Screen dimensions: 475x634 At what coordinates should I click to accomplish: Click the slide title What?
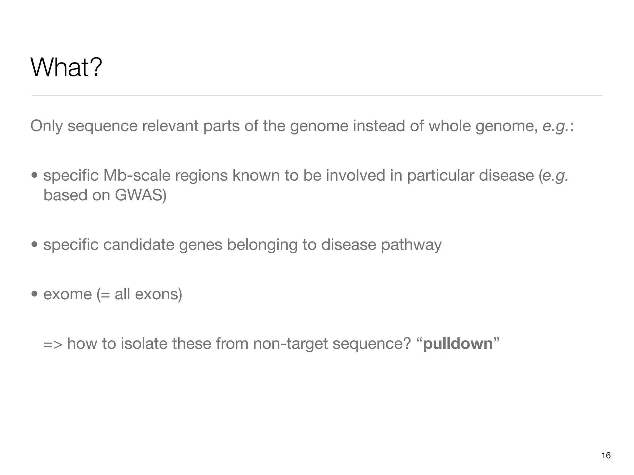click(x=66, y=67)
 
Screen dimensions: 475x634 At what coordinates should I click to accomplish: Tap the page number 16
click(x=606, y=456)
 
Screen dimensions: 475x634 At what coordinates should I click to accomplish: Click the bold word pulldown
click(x=458, y=344)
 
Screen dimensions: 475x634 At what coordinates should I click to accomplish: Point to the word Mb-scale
click(x=137, y=175)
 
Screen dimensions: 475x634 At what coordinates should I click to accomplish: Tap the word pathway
click(x=411, y=245)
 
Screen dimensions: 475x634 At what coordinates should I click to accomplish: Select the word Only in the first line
click(x=47, y=126)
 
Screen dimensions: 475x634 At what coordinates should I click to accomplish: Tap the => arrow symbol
click(x=53, y=344)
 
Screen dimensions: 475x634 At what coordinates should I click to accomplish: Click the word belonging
click(x=262, y=245)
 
